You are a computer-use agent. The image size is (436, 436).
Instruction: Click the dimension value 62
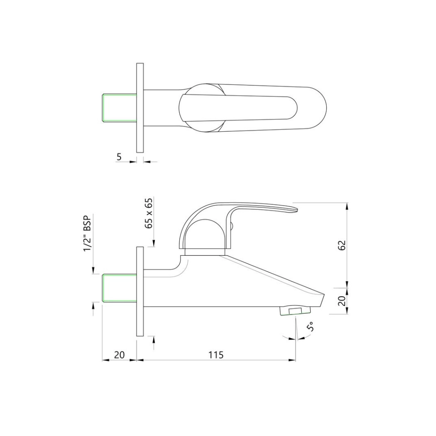pos(342,245)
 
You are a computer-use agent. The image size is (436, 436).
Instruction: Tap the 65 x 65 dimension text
pos(149,213)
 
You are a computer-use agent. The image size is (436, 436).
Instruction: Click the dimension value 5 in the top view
pos(119,157)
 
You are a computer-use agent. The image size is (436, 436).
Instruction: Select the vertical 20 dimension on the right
pos(342,300)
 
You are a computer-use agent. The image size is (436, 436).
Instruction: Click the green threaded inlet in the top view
pos(118,107)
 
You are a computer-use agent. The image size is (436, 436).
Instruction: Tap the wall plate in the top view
pos(139,107)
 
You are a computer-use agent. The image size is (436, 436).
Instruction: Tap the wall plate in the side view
pos(139,292)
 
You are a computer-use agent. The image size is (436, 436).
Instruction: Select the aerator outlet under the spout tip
pos(294,311)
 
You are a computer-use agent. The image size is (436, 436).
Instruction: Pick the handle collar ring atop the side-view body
pos(203,252)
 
